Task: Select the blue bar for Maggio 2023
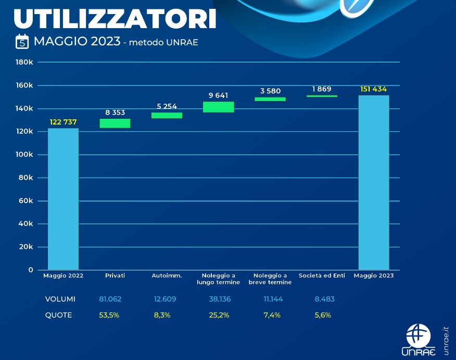[374, 182]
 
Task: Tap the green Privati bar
[115, 123]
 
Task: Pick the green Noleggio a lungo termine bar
[218, 107]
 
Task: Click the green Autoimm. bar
[167, 115]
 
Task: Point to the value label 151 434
[373, 89]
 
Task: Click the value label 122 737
[63, 122]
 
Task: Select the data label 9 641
[218, 95]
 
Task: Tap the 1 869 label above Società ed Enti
[322, 89]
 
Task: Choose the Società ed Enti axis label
[322, 276]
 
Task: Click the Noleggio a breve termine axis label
[270, 279]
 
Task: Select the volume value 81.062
[110, 299]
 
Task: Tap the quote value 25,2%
[219, 315]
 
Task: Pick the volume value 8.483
[324, 299]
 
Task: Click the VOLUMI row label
[60, 299]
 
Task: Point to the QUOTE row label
[58, 315]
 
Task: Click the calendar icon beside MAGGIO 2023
[22, 41]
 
